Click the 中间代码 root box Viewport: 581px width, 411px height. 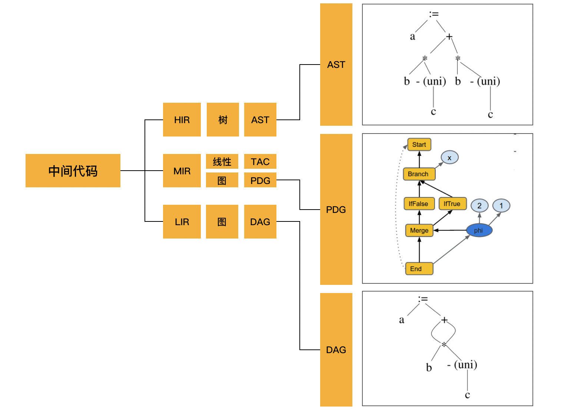[x=73, y=171]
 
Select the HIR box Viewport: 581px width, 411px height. [x=182, y=120]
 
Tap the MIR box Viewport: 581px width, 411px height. [x=182, y=171]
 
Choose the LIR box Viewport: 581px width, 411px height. [x=182, y=221]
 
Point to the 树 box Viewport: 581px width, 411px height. [x=223, y=120]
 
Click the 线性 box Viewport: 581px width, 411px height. [x=222, y=161]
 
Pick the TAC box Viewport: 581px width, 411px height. [x=260, y=161]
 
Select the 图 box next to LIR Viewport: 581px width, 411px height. [x=222, y=221]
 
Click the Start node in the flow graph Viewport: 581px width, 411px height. [x=419, y=145]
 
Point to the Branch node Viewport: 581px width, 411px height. [x=419, y=174]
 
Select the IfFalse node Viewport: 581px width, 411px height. [x=419, y=204]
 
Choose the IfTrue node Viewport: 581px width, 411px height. [x=452, y=204]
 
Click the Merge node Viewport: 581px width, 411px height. [x=419, y=230]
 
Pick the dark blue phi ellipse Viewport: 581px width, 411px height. [x=479, y=230]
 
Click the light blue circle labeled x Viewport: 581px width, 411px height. [x=449, y=158]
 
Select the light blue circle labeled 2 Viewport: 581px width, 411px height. [x=479, y=205]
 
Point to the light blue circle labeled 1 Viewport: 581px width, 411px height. [x=501, y=205]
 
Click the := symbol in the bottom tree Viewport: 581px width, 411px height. [x=423, y=299]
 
